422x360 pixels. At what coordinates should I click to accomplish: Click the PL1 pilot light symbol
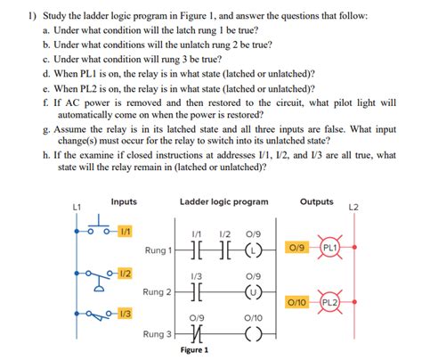point(329,247)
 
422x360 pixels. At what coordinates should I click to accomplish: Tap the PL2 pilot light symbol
point(329,302)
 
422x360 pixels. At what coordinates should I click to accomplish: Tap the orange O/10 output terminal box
point(296,303)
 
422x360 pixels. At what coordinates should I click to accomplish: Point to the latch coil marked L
point(253,250)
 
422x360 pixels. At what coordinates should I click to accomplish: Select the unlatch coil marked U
point(253,290)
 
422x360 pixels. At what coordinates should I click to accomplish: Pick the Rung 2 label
point(158,291)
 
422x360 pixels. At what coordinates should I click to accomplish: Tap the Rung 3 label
point(158,334)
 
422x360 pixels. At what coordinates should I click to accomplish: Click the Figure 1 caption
point(193,350)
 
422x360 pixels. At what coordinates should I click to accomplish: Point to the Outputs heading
point(317,202)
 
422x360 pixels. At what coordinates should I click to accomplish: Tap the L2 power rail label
point(353,207)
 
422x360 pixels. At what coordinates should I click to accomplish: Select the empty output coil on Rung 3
point(253,334)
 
